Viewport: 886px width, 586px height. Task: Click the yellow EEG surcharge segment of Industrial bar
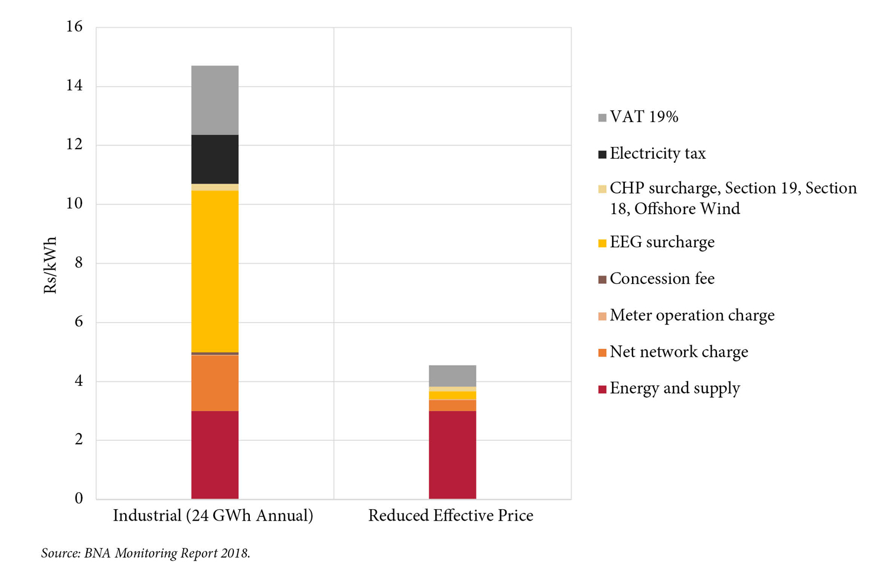point(215,271)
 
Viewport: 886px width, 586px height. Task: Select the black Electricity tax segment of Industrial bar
point(215,159)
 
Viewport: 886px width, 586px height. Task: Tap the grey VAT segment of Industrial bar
point(215,100)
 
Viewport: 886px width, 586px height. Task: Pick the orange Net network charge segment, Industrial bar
point(215,383)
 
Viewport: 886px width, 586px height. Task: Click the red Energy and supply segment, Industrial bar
point(215,454)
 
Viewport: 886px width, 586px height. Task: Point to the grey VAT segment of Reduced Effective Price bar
point(452,376)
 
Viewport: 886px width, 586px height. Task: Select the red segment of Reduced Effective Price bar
point(452,454)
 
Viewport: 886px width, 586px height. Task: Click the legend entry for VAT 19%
point(644,117)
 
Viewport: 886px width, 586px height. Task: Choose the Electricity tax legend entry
point(657,153)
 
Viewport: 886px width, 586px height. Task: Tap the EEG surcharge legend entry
point(662,242)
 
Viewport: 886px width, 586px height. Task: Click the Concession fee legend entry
point(662,279)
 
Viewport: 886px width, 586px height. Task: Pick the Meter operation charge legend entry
point(692,315)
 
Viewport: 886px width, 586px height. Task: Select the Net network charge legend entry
point(679,352)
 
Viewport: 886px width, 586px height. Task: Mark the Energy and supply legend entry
point(675,388)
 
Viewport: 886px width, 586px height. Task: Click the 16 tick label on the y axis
point(75,27)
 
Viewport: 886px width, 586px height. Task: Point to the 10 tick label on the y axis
point(75,204)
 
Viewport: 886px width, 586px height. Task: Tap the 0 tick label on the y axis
point(79,499)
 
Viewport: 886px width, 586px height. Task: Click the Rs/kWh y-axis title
point(50,265)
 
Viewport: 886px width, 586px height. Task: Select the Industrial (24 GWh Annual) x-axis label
point(213,515)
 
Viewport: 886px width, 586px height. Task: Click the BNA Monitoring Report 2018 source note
point(146,553)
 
